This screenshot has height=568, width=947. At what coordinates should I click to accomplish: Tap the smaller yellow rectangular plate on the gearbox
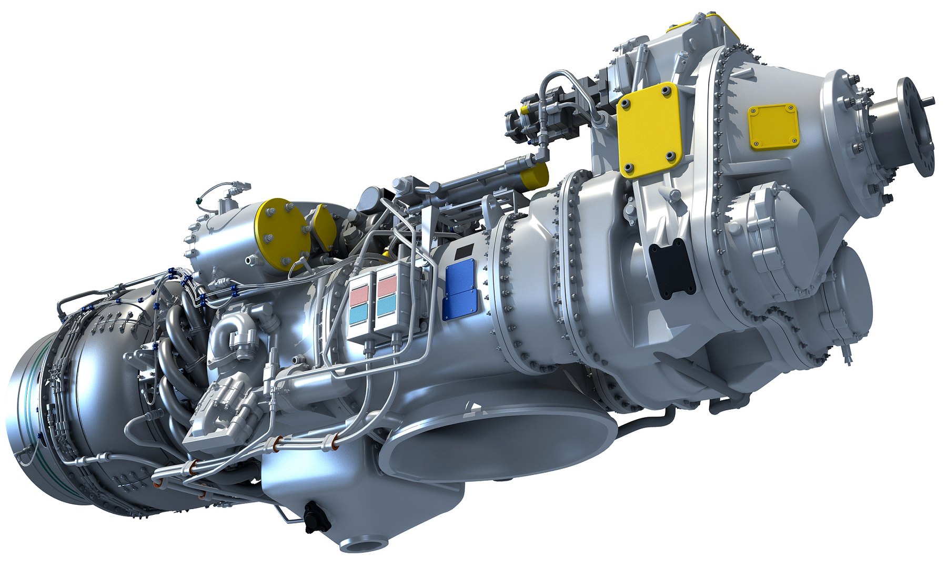tap(773, 127)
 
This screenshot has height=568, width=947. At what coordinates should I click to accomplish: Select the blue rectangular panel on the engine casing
tap(461, 291)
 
